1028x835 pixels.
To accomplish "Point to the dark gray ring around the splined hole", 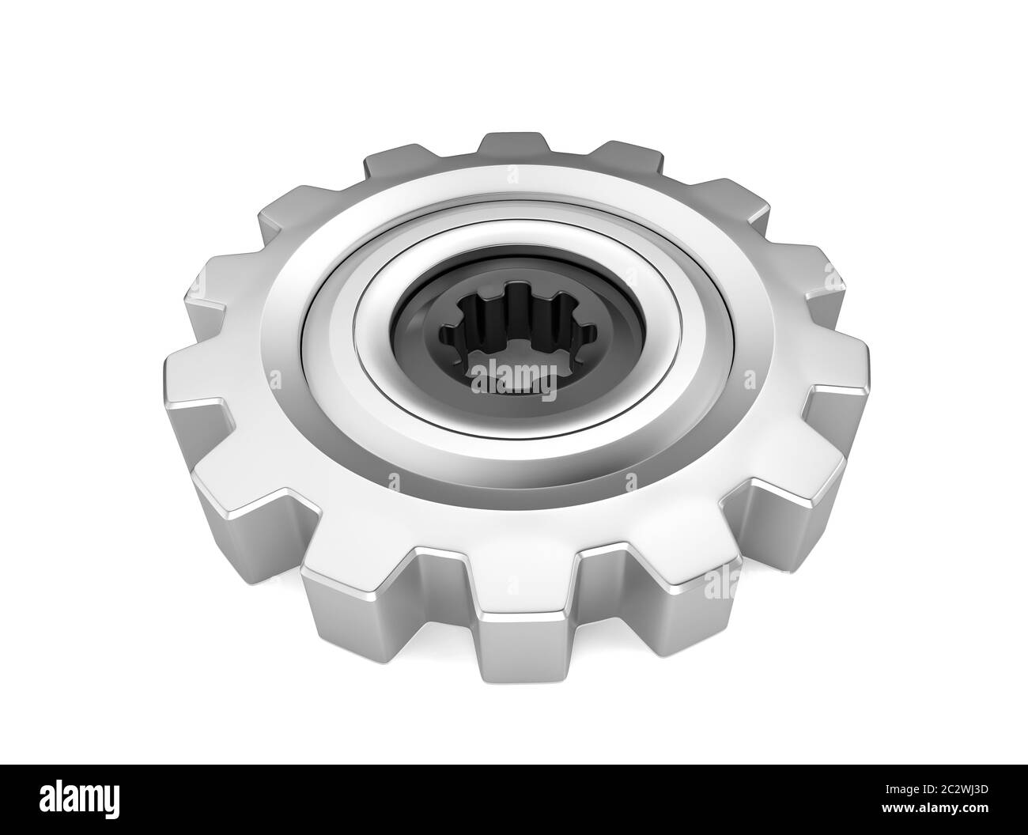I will (427, 332).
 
